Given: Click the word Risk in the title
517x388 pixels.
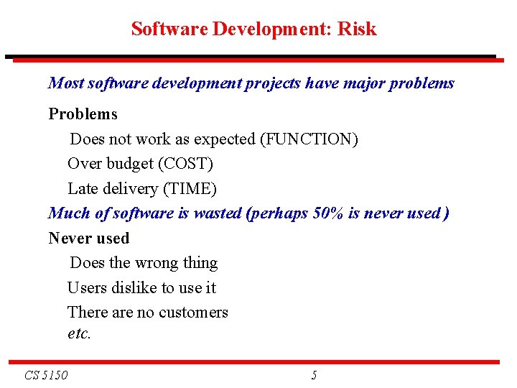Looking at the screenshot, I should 357,29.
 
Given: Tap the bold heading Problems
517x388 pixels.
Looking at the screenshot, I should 83,114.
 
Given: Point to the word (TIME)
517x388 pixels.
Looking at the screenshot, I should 190,188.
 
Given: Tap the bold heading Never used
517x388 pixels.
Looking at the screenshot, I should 88,238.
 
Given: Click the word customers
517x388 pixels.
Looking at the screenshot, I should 193,313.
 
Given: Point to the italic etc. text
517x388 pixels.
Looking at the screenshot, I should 79,333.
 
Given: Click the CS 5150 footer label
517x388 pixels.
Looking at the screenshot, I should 46,374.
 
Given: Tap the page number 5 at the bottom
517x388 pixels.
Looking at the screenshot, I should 314,374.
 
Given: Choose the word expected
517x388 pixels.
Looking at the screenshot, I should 225,139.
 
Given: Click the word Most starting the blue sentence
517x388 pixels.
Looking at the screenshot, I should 65,83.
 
